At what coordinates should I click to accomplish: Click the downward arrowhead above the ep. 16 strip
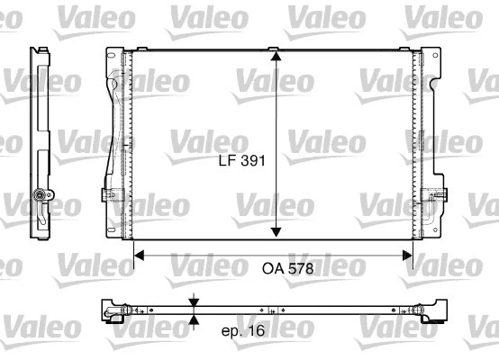194,301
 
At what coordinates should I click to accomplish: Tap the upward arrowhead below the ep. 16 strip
194,319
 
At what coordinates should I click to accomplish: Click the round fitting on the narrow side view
39,195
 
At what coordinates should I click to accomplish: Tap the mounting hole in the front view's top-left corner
111,60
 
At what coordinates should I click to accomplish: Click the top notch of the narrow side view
40,52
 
